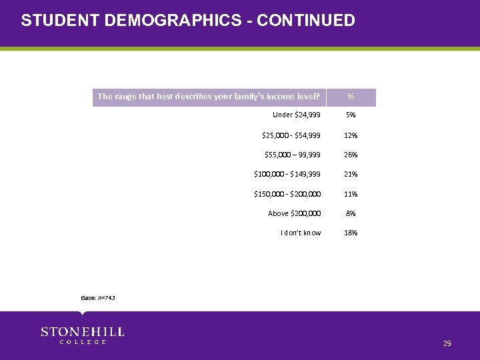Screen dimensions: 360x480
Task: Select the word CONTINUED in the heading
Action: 305,21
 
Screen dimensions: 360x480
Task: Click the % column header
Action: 351,97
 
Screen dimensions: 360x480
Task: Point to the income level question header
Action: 209,97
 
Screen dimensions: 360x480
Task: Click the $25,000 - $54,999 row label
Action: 291,135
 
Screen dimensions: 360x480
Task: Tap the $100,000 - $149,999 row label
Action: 287,174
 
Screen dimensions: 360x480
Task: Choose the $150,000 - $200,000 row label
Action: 287,194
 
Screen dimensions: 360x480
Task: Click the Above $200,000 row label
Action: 294,213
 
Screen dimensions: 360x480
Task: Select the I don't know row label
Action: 301,233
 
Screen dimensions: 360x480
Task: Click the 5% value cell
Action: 351,115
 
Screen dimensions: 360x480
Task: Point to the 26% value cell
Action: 351,155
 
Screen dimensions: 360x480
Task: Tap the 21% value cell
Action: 351,174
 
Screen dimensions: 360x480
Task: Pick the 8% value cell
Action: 351,213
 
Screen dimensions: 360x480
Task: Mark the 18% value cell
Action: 351,233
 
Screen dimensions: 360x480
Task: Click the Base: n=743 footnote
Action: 98,297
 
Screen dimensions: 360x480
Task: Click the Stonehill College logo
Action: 82,335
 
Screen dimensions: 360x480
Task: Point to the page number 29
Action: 447,343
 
